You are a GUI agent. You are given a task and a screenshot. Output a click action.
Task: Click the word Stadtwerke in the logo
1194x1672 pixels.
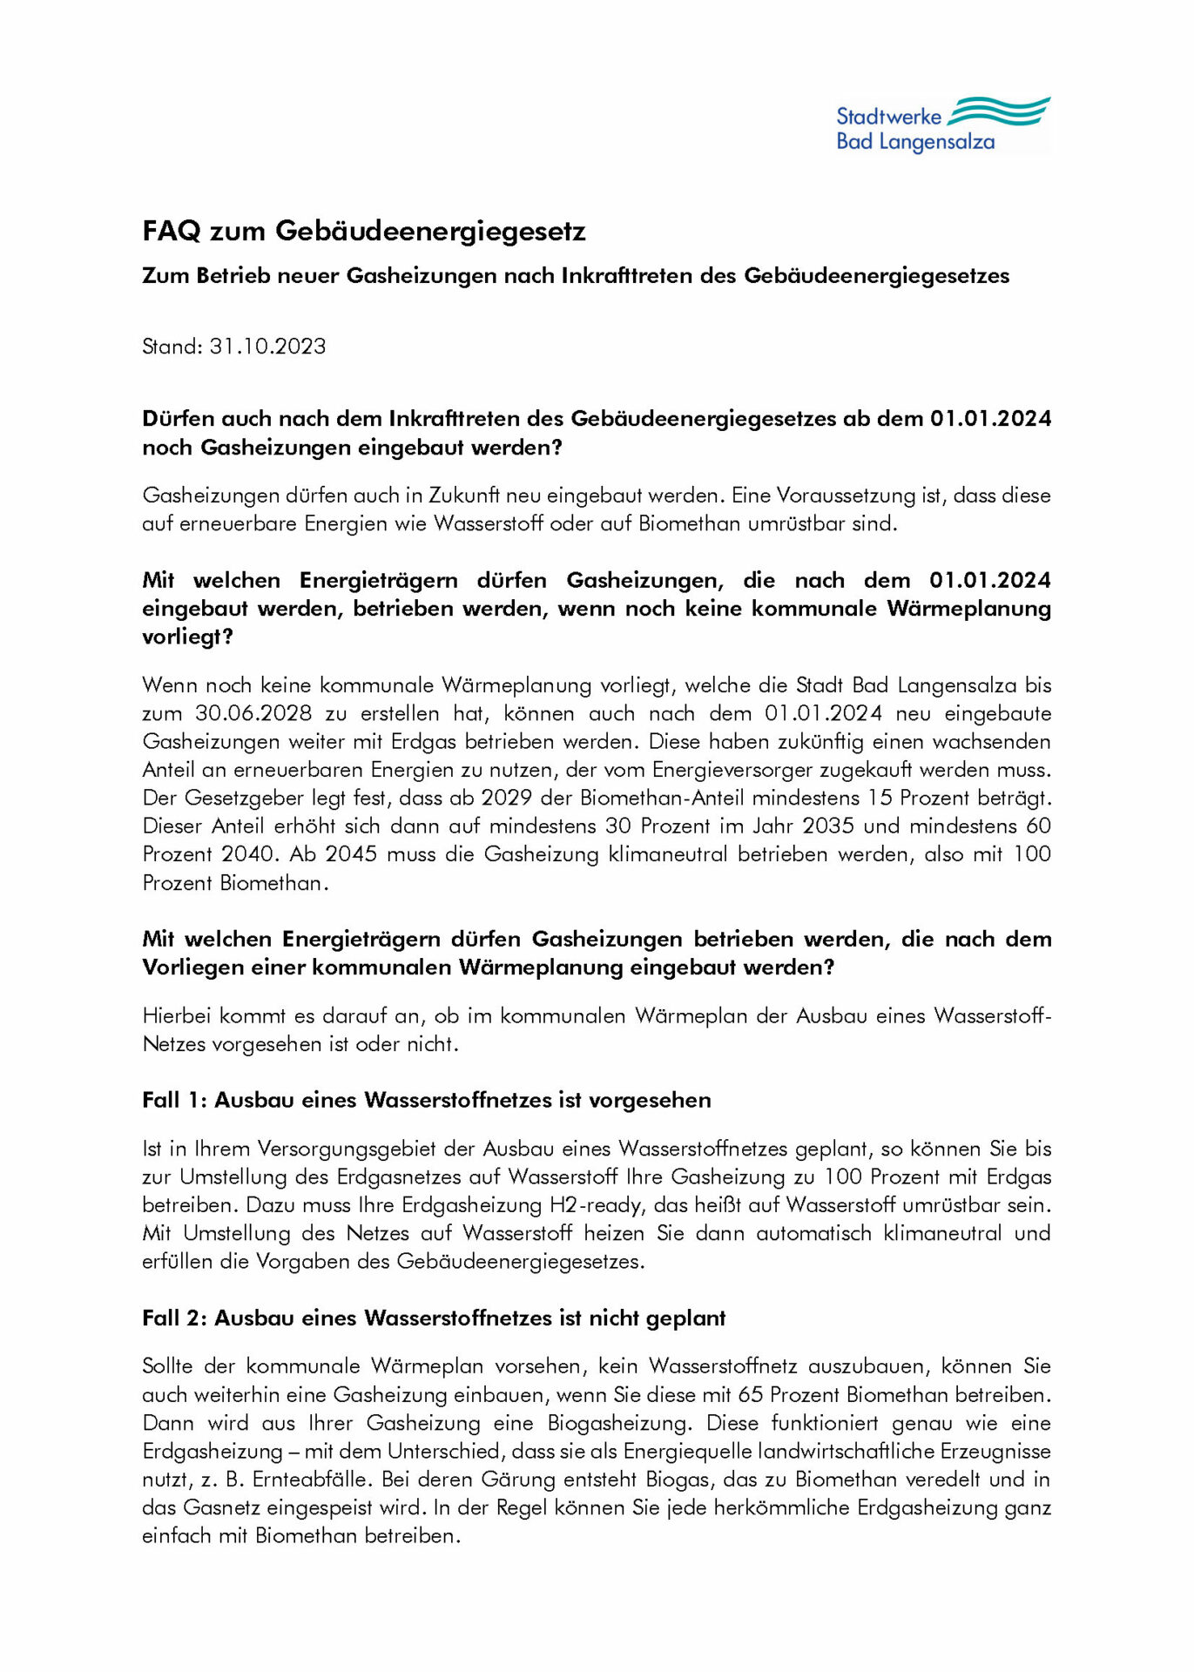click(888, 117)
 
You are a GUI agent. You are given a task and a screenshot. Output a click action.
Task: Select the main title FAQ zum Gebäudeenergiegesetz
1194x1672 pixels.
click(364, 231)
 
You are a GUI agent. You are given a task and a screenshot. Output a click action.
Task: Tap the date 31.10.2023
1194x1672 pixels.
click(267, 347)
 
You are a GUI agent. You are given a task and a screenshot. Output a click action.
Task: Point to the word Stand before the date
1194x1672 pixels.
click(172, 347)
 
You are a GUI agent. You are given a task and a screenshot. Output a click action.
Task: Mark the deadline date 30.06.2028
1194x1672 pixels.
click(253, 713)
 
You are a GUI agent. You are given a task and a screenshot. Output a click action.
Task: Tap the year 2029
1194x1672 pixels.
click(506, 798)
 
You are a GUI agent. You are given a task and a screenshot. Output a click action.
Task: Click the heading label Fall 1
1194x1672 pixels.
click(172, 1100)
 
